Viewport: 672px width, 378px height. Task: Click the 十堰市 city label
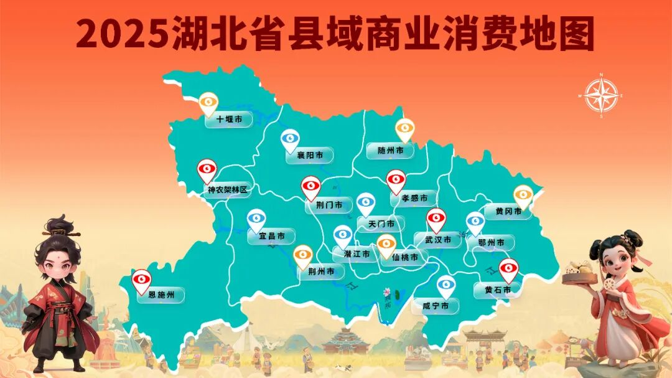coord(229,119)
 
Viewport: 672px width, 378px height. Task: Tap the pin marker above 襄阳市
coord(290,139)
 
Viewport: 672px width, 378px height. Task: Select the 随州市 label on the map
coord(390,151)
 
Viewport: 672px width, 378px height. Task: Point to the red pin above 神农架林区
coord(207,169)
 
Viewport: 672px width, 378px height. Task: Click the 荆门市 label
coord(328,205)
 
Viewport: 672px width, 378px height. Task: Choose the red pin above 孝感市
coord(396,180)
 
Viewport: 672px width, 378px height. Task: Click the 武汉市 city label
coord(437,240)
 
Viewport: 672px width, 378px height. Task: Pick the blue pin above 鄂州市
coord(475,222)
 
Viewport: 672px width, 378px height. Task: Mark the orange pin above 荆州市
coord(303,255)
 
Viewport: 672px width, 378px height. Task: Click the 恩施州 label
coord(161,295)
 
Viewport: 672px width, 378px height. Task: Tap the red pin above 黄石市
coord(509,269)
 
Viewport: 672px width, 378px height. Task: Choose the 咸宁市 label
coord(436,306)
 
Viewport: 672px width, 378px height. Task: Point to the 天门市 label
coord(381,224)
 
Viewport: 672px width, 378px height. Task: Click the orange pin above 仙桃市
coord(386,245)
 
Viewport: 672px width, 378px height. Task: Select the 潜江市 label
coord(356,254)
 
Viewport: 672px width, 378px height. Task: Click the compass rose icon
coord(601,96)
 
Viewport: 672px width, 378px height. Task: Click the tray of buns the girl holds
coord(579,273)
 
